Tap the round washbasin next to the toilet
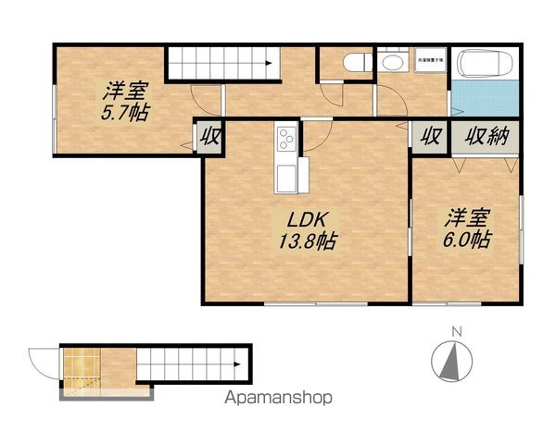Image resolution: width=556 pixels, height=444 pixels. tap(391, 62)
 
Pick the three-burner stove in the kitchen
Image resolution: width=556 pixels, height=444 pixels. tap(284, 142)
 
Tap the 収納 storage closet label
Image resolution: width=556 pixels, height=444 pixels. tap(486, 138)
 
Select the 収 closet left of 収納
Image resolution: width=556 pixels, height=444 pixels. tap(430, 138)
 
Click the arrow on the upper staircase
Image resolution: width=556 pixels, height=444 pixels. tap(267, 64)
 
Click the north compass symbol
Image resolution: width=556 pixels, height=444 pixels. tap(451, 359)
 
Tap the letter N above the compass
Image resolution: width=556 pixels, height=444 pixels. tap(454, 330)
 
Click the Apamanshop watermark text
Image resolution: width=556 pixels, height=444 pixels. tap(279, 398)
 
